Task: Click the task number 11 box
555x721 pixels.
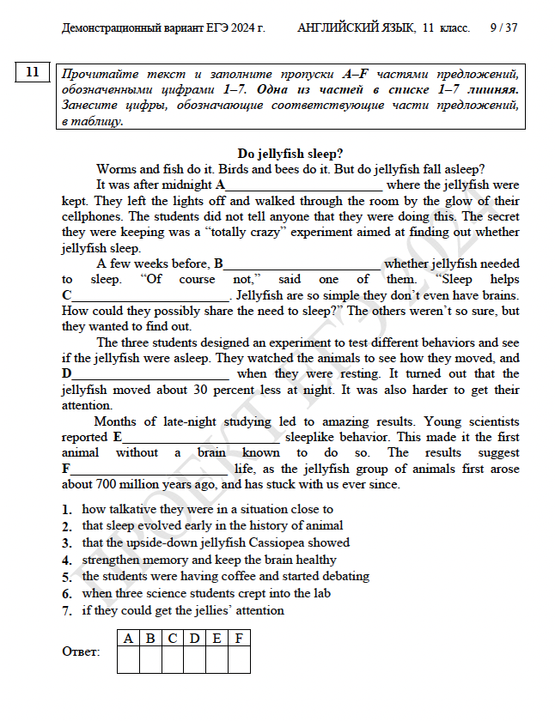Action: (34, 72)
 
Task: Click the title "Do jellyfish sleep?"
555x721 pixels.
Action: (290, 153)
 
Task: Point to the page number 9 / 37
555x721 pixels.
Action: (503, 28)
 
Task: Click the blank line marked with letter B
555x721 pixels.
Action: (302, 264)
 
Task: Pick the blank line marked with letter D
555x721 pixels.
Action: (151, 374)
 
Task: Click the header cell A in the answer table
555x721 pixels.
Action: (128, 639)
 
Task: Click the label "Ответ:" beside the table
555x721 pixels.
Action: (81, 651)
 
